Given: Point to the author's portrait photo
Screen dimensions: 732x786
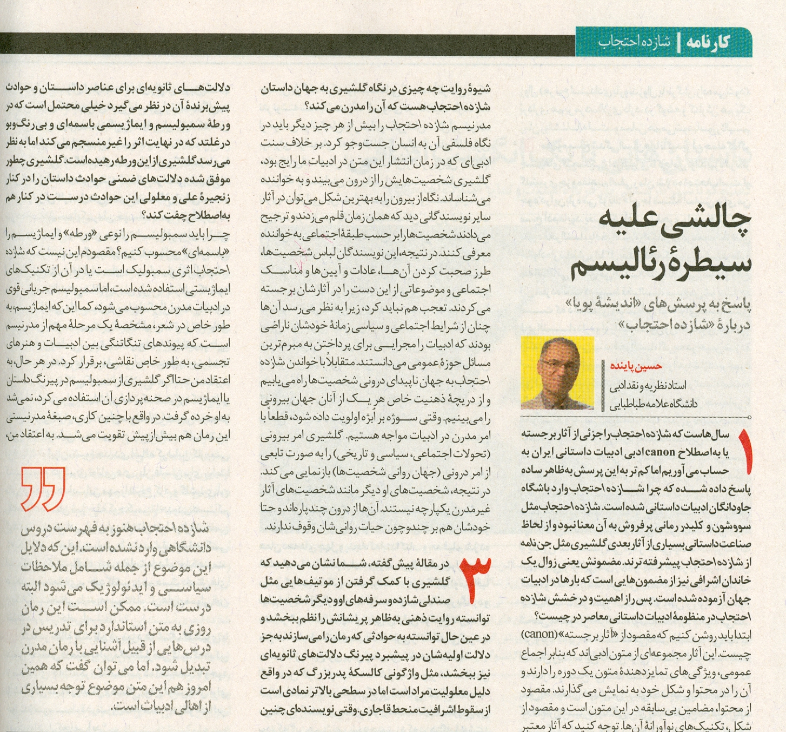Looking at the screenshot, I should tap(557, 373).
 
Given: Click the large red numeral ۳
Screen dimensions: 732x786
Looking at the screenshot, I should tap(474, 579).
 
